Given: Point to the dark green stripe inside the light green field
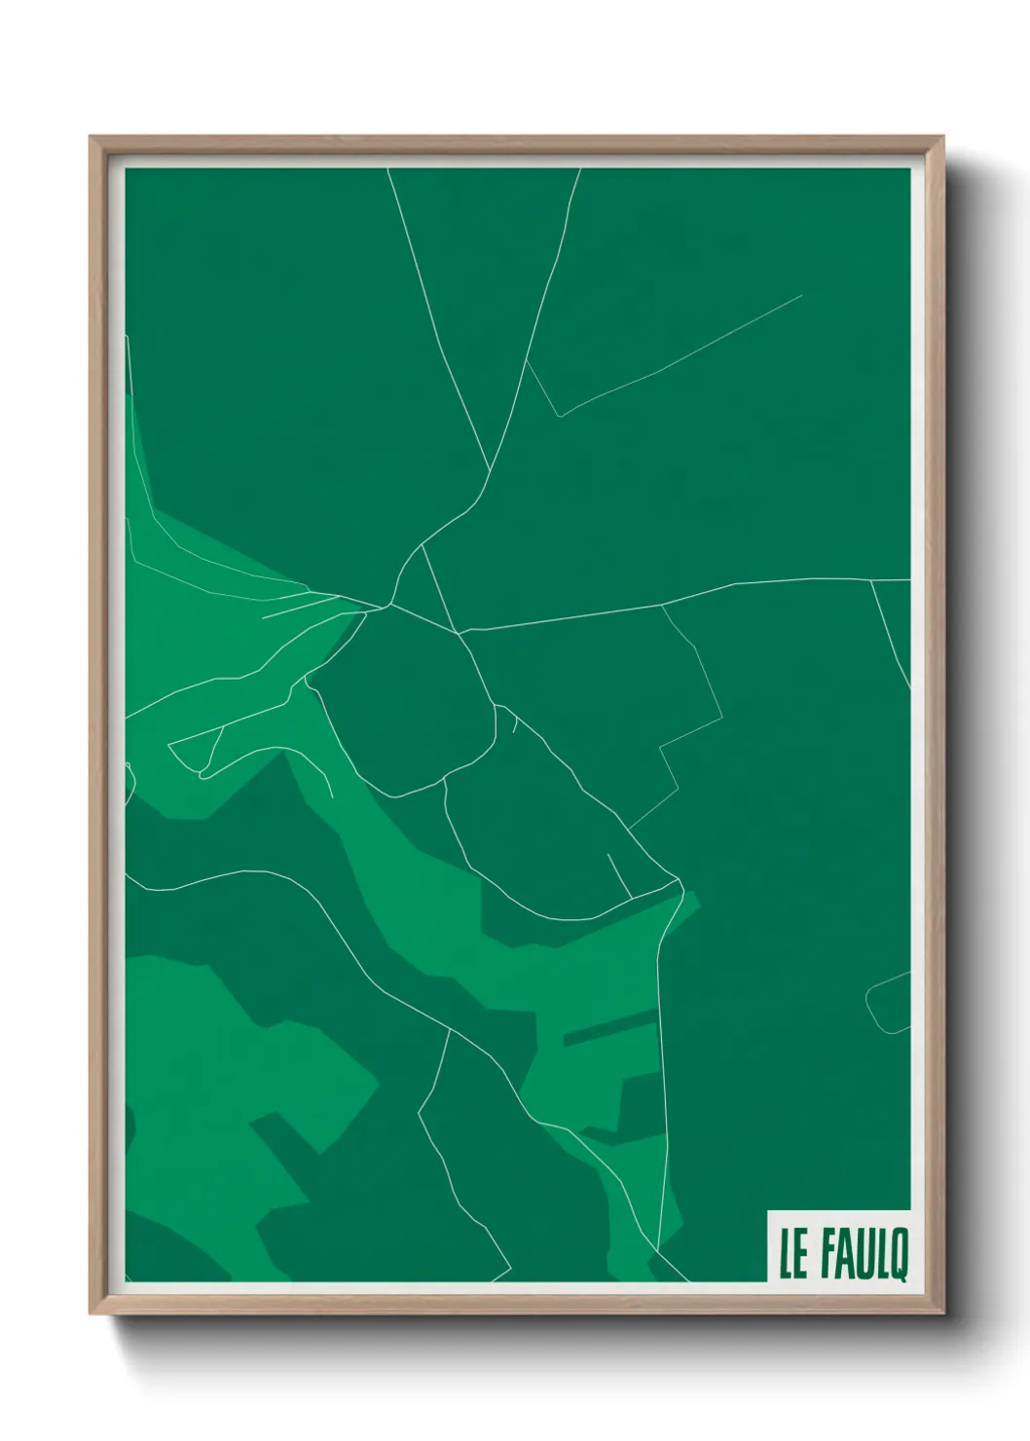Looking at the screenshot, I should click(609, 1027).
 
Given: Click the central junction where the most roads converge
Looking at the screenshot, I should click(389, 606).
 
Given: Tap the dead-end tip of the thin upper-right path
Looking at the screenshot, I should click(801, 295).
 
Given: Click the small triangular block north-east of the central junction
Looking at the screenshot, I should click(421, 589).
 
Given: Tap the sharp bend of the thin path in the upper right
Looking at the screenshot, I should click(559, 416).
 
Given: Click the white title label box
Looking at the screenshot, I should click(838, 1246).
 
